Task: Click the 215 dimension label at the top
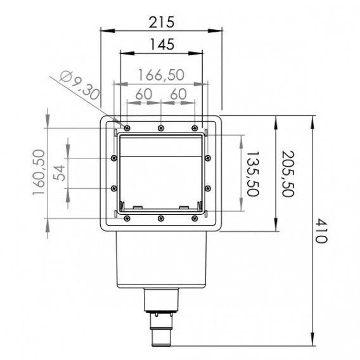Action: coord(161,21)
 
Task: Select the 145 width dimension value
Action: coord(160,46)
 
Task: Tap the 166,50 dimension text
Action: coord(160,75)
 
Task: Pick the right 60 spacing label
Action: coord(177,94)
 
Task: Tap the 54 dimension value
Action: coord(59,172)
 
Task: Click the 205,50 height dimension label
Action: coord(286,173)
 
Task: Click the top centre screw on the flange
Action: coord(161,127)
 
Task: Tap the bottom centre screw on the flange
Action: coord(161,219)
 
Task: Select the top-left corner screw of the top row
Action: coord(127,127)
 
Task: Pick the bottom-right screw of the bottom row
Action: coord(194,219)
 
